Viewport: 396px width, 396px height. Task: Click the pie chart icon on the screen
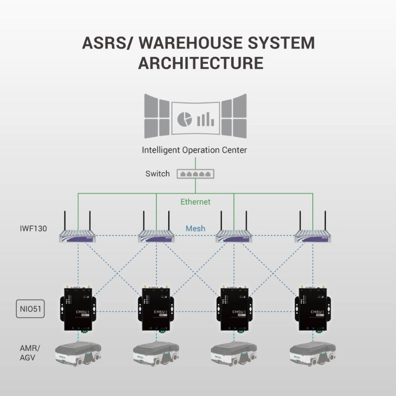pyautogui.click(x=184, y=118)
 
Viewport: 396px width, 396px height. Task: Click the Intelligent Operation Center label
pyautogui.click(x=194, y=149)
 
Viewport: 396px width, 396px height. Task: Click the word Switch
pyautogui.click(x=157, y=174)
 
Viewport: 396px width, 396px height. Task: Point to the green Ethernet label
pyautogui.click(x=195, y=201)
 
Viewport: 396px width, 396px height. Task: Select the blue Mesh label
pyautogui.click(x=196, y=229)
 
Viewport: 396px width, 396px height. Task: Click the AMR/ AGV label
pyautogui.click(x=27, y=354)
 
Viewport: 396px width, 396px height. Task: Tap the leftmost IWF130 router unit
pyautogui.click(x=78, y=236)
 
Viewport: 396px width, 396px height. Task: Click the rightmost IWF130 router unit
pyautogui.click(x=313, y=236)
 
